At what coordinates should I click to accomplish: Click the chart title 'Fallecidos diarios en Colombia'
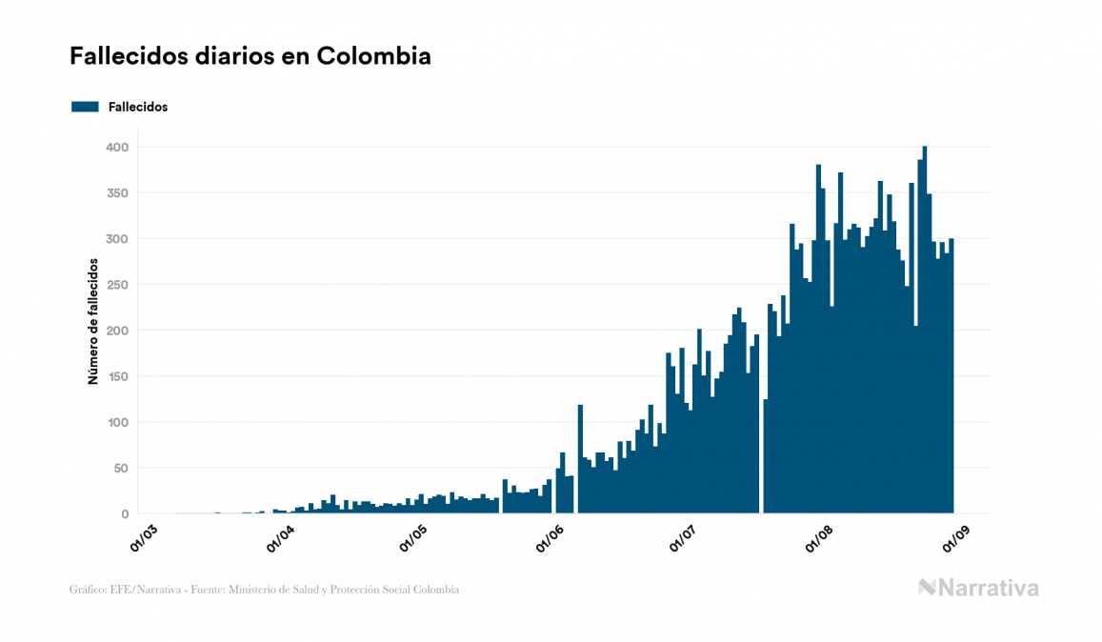(250, 56)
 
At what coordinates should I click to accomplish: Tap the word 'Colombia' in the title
(373, 56)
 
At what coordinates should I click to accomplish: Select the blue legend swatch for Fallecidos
(85, 107)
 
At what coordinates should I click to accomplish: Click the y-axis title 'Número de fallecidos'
(93, 320)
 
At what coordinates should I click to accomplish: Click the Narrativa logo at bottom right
(978, 588)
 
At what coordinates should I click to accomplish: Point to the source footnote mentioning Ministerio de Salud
(264, 590)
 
